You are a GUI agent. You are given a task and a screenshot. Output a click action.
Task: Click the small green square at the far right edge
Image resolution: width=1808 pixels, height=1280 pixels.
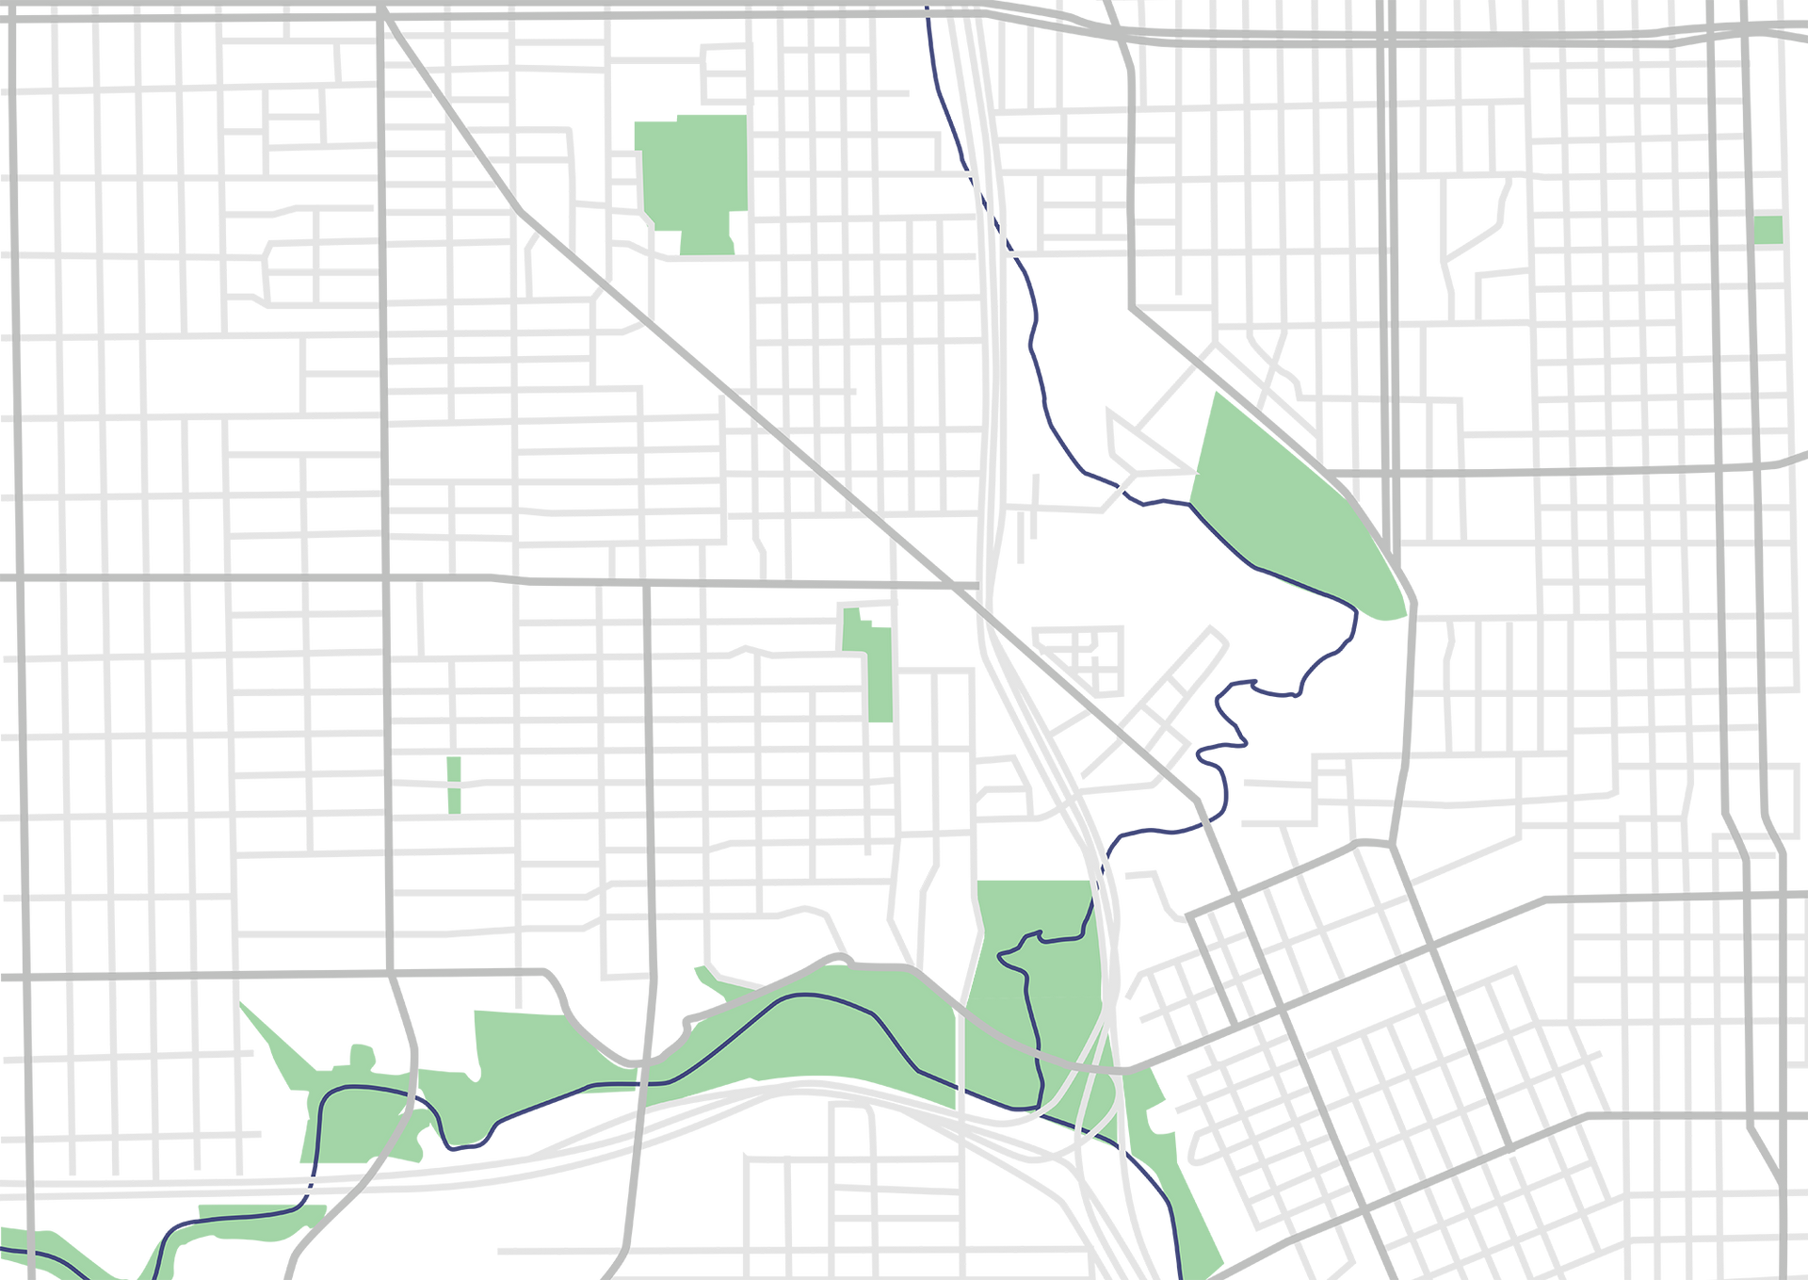[x=1768, y=230]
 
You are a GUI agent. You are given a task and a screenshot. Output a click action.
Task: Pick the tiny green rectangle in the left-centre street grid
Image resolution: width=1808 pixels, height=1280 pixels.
[x=453, y=784]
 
